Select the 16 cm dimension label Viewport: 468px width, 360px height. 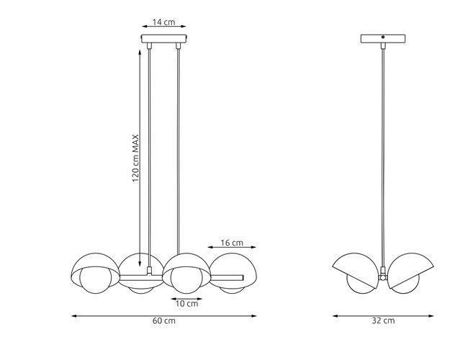tap(231, 243)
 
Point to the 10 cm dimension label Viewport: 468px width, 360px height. tap(186, 303)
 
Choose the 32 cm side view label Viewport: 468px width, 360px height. tap(383, 322)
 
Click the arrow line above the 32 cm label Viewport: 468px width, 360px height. tap(383, 315)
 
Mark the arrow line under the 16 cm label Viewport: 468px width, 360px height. tap(231, 250)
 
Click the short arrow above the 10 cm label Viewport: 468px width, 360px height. tap(186, 296)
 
